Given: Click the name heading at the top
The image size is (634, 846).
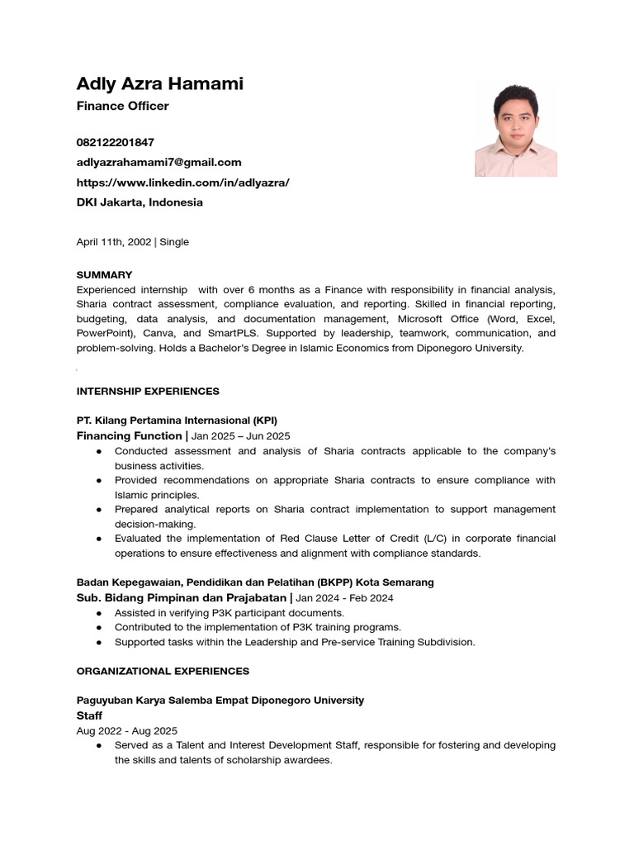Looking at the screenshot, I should coord(159,83).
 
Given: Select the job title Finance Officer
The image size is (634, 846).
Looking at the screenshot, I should coord(122,106).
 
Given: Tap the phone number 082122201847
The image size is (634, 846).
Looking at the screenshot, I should coord(115,142).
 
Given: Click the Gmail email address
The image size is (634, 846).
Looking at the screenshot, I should coord(158,162).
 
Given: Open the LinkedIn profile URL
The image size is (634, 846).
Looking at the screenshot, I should coord(182,182).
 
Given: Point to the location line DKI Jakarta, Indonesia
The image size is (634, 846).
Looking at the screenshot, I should coord(140,202).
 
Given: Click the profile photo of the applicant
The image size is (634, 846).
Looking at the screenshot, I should coord(516,130).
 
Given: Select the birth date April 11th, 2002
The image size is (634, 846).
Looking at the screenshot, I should coord(114,242).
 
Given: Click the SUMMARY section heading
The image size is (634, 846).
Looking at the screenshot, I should coord(104,274).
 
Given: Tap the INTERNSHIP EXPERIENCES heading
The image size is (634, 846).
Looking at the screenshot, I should coord(148,391).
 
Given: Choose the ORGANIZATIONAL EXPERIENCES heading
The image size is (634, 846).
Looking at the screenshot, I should coord(163,671).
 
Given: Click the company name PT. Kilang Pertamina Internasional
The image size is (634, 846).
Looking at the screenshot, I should coord(177,420).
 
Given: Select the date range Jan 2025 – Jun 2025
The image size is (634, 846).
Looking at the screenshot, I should coord(241,436).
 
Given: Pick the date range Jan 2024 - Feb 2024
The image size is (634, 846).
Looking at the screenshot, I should coord(345,597).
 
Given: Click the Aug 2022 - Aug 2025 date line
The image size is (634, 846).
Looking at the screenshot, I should coord(126,730).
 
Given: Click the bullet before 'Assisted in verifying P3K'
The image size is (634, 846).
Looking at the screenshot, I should coord(99,613).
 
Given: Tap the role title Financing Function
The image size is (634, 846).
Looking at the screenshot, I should coord(129,435).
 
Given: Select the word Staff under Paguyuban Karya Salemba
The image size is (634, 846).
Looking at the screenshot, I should coord(89,715).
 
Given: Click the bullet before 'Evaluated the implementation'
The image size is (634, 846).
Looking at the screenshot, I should coord(99,539).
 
